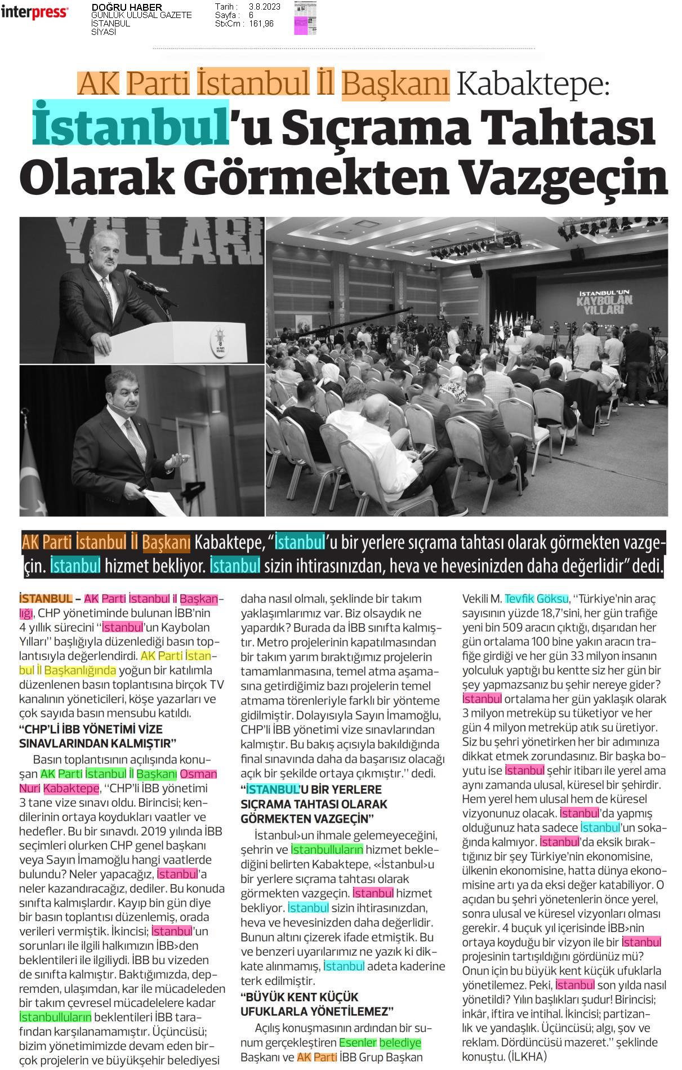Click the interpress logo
click(34, 12)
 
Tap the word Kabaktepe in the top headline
click(532, 83)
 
